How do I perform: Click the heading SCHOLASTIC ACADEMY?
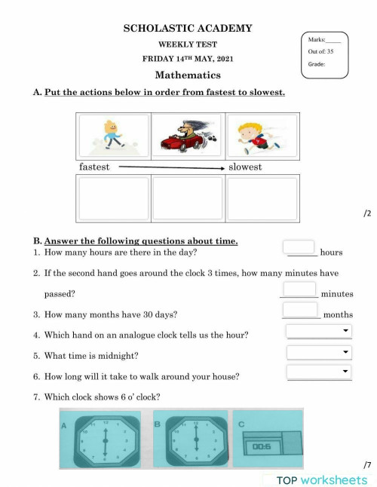(188, 29)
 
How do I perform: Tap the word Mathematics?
(188, 75)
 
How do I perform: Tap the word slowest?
(245, 167)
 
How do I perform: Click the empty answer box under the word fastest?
(114, 198)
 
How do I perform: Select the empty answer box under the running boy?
(262, 198)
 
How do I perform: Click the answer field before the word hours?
(299, 247)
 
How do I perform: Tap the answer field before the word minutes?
(299, 289)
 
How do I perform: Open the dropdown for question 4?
(319, 331)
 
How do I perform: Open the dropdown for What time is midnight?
(319, 352)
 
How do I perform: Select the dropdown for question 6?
(319, 372)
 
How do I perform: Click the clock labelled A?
(105, 440)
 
